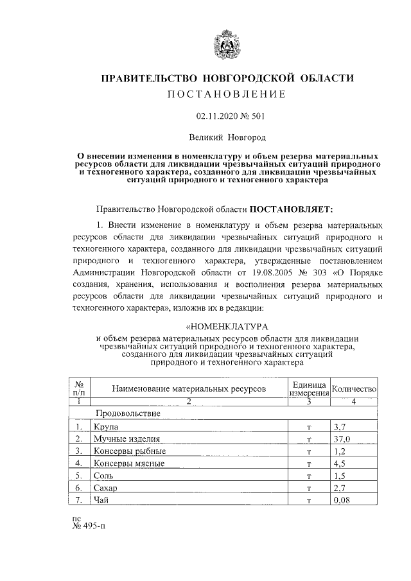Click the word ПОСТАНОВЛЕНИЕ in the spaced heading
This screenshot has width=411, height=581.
point(225,95)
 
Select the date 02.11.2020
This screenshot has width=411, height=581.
point(214,117)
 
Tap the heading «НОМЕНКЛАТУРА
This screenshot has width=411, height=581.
point(225,327)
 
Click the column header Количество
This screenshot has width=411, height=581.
point(354,388)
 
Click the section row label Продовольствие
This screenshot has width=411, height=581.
point(128,413)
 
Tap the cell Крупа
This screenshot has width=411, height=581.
point(105,426)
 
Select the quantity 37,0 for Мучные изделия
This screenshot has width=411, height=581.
point(342,438)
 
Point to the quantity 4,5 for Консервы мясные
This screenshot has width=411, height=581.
point(340,464)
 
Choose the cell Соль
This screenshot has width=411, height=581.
point(103,476)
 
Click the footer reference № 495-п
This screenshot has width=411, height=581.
point(88,527)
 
